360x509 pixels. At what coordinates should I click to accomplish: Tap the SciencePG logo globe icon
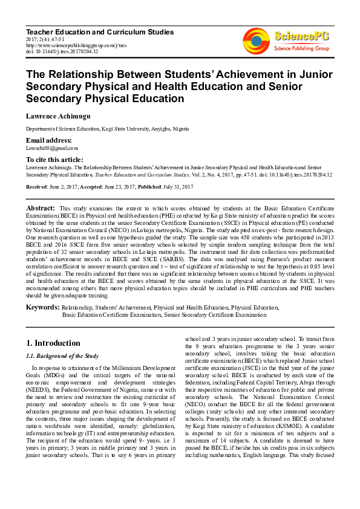(257, 41)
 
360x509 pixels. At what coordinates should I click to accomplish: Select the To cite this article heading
(54, 159)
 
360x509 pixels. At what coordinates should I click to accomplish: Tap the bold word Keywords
(42, 308)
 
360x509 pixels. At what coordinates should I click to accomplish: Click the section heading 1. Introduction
(53, 343)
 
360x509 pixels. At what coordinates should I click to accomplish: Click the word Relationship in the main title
(78, 74)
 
